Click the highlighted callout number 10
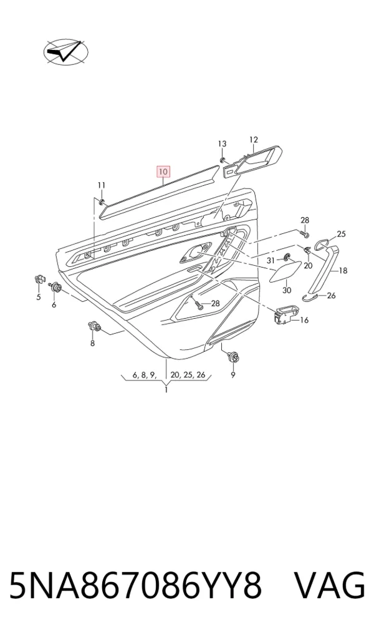pyautogui.click(x=163, y=172)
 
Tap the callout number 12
pyautogui.click(x=253, y=140)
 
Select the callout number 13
pyautogui.click(x=222, y=143)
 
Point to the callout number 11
pyautogui.click(x=101, y=185)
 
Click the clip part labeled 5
pyautogui.click(x=39, y=279)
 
